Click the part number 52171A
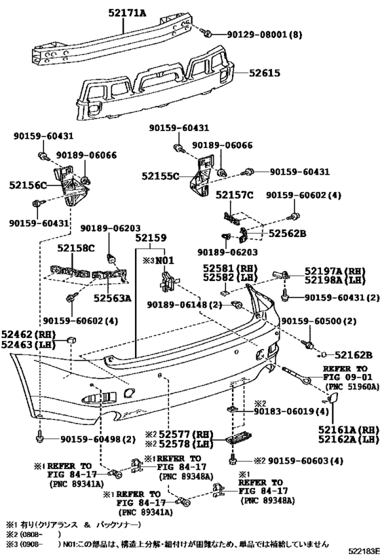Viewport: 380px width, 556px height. click(128, 13)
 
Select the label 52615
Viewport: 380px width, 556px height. click(264, 73)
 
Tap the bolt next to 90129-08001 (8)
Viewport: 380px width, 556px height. click(207, 34)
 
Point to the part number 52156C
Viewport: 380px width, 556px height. click(28, 185)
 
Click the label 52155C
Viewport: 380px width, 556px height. click(161, 176)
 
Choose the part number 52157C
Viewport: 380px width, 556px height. click(235, 195)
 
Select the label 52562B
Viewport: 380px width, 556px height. click(287, 234)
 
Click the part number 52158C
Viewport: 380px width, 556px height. click(76, 248)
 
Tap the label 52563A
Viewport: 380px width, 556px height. click(113, 298)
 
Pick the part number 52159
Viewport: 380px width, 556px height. click(151, 238)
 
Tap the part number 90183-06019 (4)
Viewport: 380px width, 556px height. click(290, 411)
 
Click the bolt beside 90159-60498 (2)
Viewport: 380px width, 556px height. click(39, 438)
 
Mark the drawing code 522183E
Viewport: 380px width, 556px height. click(364, 551)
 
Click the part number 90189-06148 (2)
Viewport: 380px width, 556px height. click(185, 304)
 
